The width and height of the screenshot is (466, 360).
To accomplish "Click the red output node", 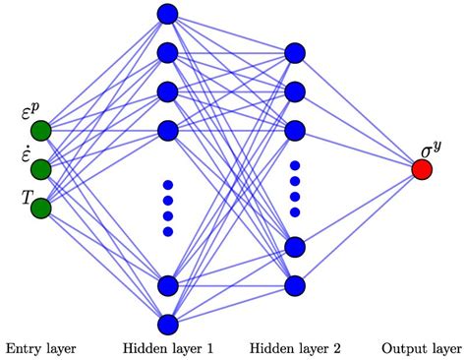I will [x=422, y=169].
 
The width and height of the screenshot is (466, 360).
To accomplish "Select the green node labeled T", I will [x=40, y=208].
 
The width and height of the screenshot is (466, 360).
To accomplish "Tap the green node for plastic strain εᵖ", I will [x=40, y=131].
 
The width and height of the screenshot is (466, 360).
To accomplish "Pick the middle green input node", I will [x=40, y=169].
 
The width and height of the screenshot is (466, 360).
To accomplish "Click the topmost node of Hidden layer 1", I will [x=166, y=14].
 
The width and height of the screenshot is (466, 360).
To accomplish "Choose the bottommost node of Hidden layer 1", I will [x=166, y=324].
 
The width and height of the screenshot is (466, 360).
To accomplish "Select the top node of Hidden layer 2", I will [x=293, y=53].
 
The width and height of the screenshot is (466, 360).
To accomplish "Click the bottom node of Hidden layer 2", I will [x=293, y=285].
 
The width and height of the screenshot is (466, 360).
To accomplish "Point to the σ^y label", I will [x=431, y=150].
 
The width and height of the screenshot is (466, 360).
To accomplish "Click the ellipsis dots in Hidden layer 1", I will [x=166, y=208].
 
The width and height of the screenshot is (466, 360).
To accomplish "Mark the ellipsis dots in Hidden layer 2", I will [x=293, y=189].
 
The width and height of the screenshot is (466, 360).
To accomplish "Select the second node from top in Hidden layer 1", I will [x=166, y=52].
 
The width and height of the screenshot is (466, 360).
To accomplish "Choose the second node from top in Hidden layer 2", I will [x=293, y=91].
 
